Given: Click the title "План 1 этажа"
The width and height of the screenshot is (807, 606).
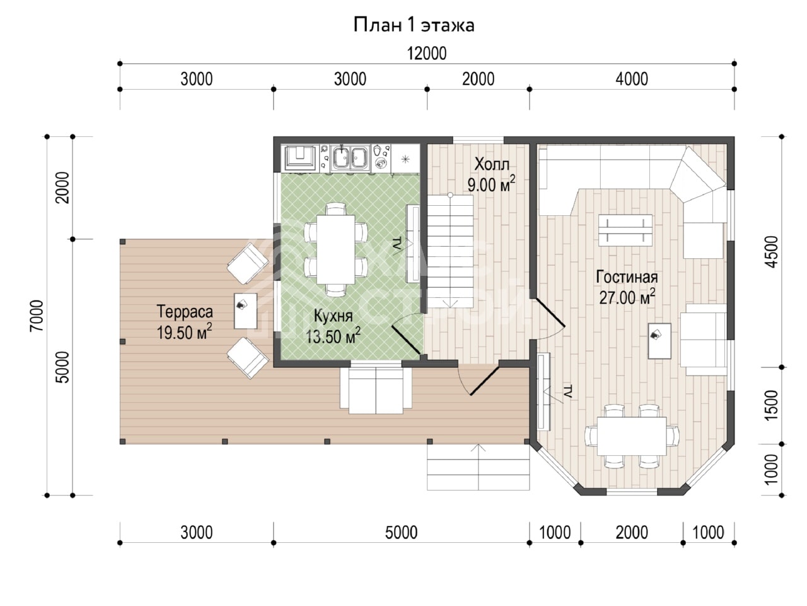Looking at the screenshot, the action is pos(414,25).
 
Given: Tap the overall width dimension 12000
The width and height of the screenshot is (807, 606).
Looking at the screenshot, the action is pos(426,54).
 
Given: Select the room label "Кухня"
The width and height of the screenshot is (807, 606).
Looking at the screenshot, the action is pos(333,316).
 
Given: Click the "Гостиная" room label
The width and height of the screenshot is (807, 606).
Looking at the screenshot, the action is pos(627,277).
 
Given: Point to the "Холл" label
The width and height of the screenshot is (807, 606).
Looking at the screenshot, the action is pos(492,165).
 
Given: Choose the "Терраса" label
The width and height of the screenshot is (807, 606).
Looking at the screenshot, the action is pos(185,312).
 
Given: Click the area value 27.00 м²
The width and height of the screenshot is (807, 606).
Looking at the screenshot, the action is pos(627,297).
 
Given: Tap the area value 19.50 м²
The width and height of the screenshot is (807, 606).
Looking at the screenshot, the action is pos(184,332).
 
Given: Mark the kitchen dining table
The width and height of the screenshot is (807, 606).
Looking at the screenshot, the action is pos(335,249).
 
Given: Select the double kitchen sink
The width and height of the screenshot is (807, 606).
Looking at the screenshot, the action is pos(351,158).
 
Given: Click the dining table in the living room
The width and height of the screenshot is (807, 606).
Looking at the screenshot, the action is pos(632,436).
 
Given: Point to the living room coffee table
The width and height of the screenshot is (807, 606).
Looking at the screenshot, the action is pos(625,230).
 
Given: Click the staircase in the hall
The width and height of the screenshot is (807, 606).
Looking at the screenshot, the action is pos(450,251).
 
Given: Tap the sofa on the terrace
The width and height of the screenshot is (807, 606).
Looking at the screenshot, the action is pos(376,391).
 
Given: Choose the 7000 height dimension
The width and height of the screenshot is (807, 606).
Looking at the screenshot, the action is pos(37,316).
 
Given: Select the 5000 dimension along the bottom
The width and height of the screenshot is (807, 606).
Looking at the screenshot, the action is pos(401,532).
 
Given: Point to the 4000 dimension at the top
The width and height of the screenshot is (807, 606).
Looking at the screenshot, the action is pos(632,79).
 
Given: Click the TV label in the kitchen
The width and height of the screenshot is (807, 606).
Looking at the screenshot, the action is pos(397,246).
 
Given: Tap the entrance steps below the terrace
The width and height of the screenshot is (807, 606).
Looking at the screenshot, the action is pos(478,467).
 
